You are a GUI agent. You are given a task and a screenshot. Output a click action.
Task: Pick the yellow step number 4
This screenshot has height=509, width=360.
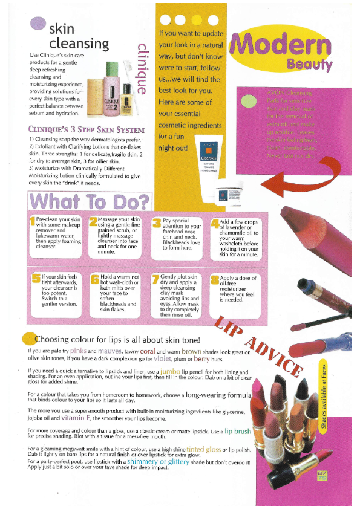[x=214, y=225]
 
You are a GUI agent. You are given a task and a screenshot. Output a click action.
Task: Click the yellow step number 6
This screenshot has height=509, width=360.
[x=94, y=279]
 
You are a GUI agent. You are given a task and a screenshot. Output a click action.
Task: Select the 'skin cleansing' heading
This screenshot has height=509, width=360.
[x=79, y=36]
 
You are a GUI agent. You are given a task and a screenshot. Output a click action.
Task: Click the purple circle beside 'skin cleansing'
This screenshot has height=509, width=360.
[x=38, y=24]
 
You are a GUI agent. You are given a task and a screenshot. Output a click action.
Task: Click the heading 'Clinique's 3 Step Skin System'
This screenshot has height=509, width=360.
[x=87, y=129]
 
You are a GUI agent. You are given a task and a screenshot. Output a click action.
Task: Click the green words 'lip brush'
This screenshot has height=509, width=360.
[x=238, y=432]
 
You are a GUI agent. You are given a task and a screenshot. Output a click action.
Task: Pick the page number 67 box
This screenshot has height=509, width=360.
[x=321, y=476]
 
